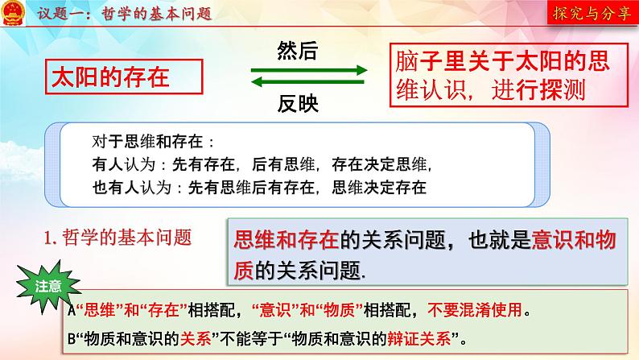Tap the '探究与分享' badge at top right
click(x=592, y=14)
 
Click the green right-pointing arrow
click(x=309, y=71)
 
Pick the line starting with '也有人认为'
click(x=258, y=188)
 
